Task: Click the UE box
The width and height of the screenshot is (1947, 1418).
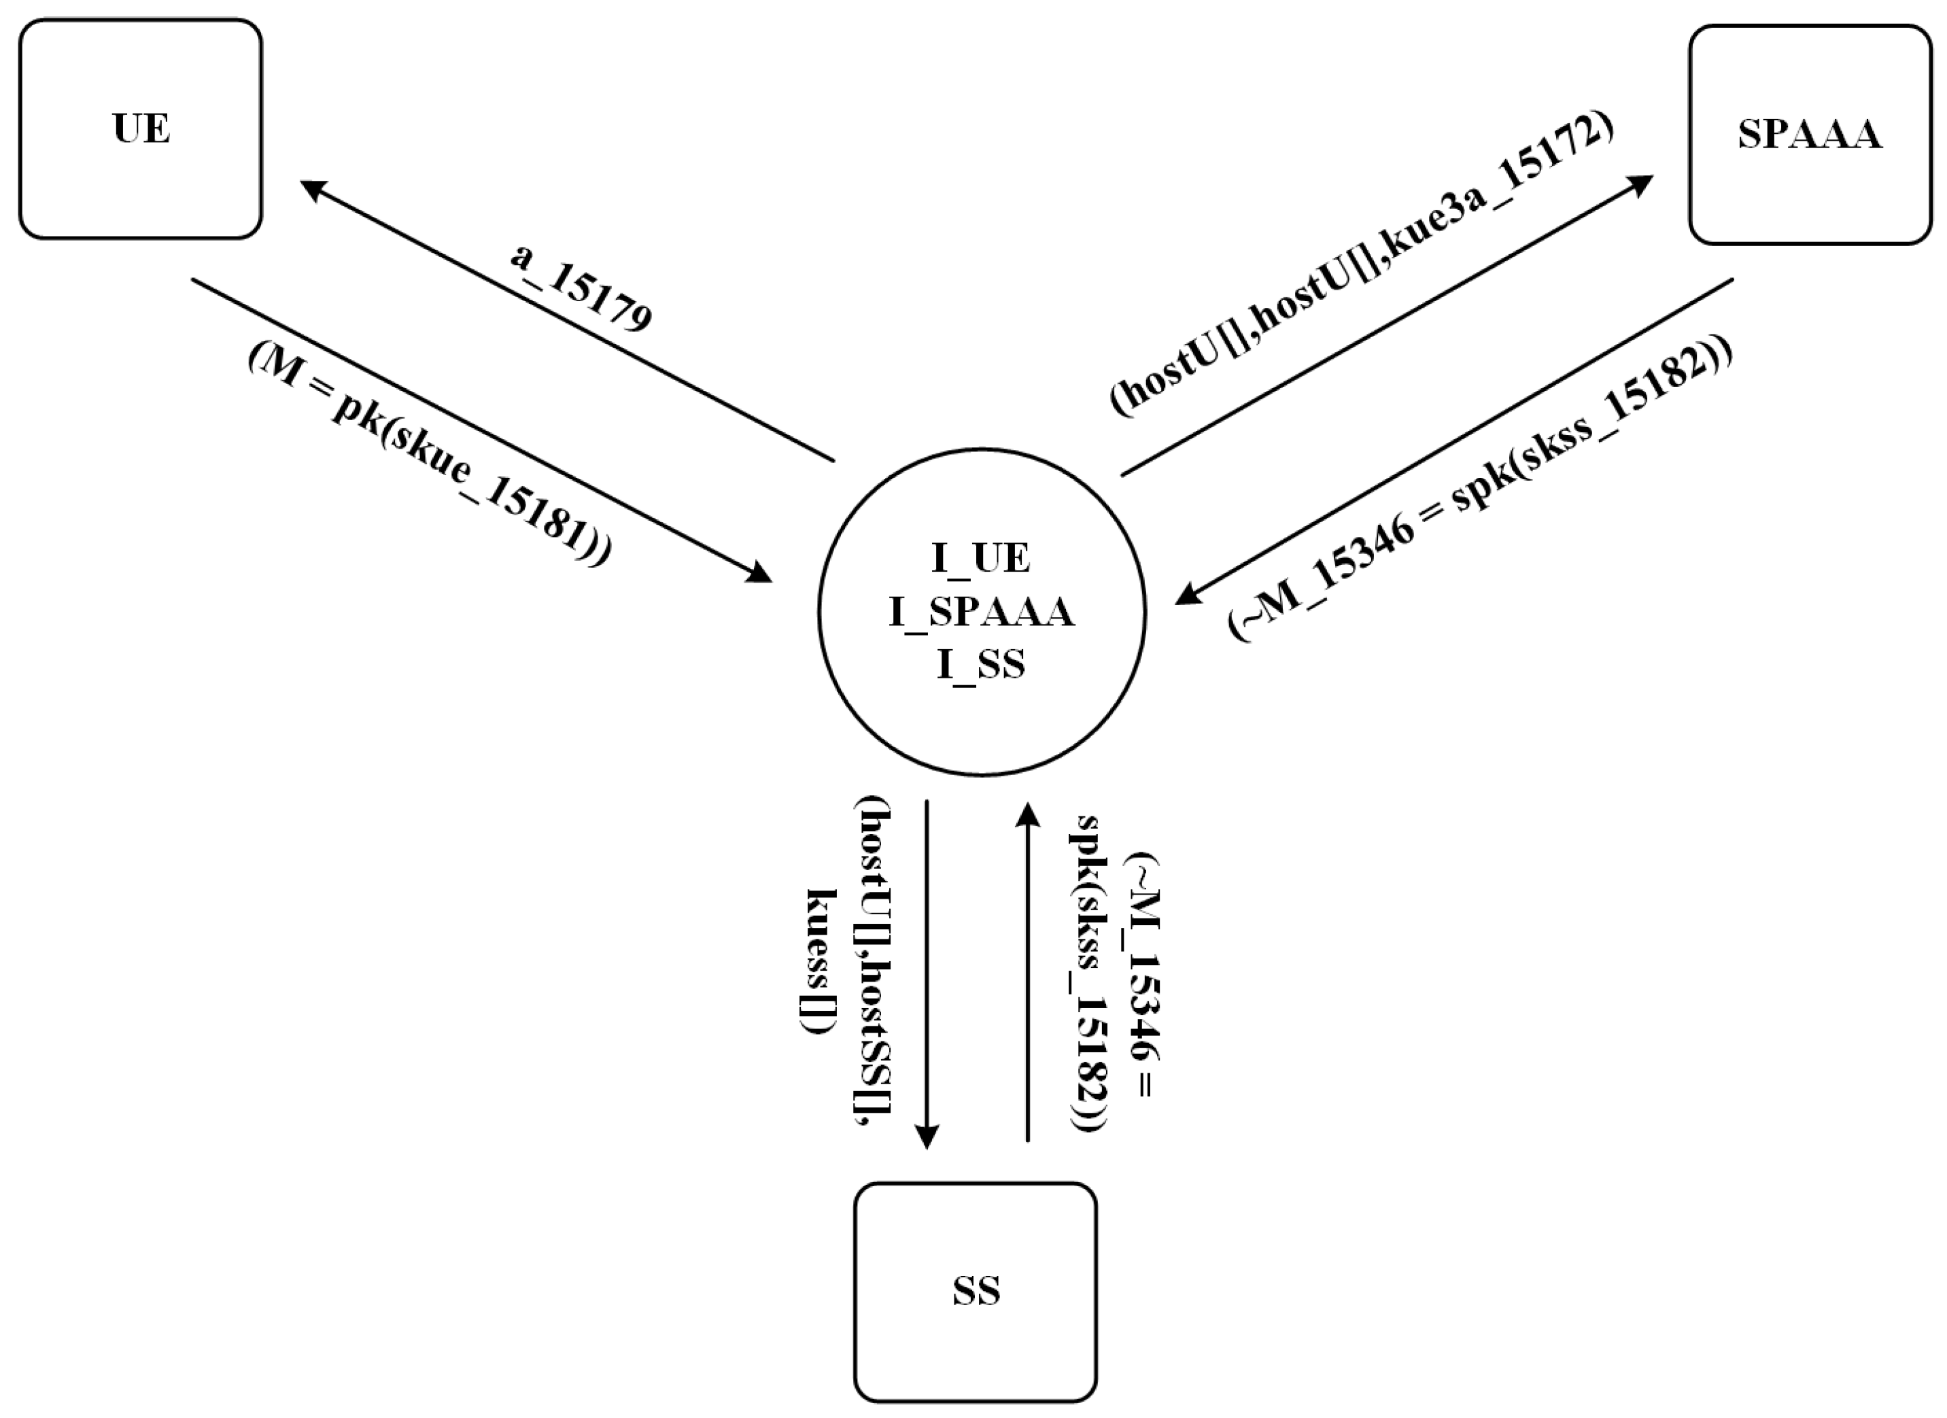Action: (x=140, y=128)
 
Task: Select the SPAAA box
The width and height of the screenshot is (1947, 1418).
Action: (x=1810, y=135)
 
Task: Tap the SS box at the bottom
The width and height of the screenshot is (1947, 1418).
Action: (x=976, y=1291)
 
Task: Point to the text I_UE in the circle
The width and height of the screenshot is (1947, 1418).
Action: (x=980, y=558)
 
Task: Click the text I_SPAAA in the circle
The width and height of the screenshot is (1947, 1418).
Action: (x=981, y=612)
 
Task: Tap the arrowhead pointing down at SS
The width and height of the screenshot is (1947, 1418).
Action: (x=927, y=1137)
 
